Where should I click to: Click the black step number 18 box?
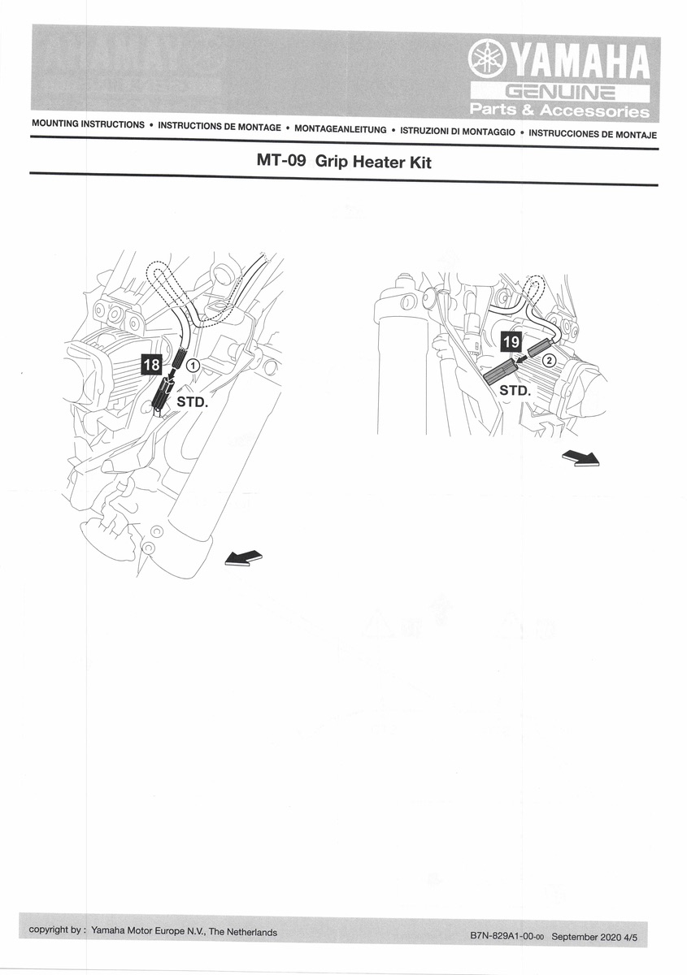click(x=152, y=365)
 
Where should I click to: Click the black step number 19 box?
click(x=511, y=342)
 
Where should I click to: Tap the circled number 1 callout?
click(x=193, y=366)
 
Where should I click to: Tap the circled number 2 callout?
click(x=550, y=360)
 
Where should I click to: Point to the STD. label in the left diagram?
click(x=193, y=401)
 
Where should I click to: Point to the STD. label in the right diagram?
click(x=514, y=390)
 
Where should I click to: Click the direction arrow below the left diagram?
click(x=243, y=558)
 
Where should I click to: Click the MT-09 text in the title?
click(x=280, y=162)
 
